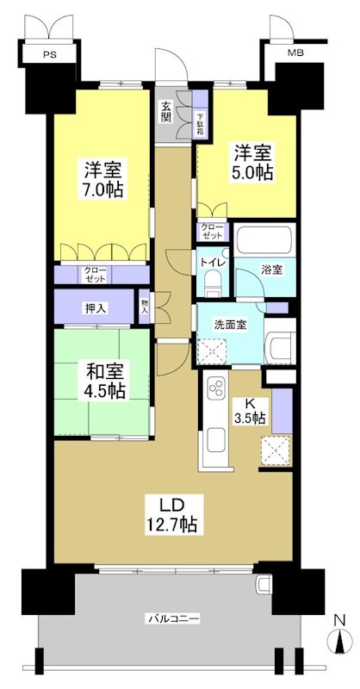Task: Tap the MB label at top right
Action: (295, 54)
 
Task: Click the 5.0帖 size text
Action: (253, 172)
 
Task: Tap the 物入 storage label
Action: (145, 307)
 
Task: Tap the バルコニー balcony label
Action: (172, 619)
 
